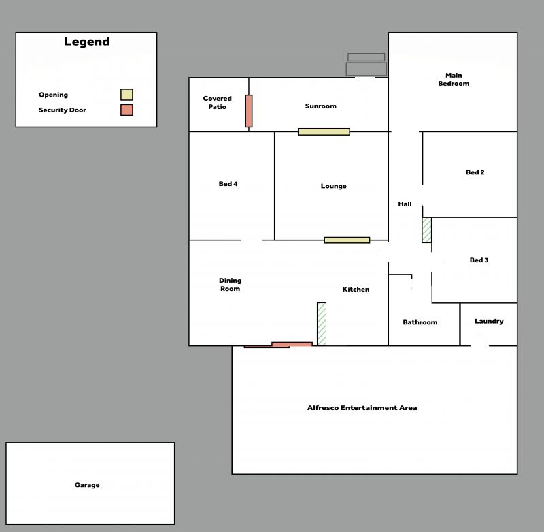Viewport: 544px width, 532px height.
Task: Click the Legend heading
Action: point(87,42)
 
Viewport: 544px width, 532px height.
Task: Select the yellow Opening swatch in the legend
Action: point(126,95)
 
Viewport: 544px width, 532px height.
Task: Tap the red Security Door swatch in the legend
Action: point(126,110)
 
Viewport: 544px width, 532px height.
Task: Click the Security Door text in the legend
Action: point(63,110)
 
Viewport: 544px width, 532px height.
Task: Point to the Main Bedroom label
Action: point(454,80)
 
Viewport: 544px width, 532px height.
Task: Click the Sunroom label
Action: point(320,106)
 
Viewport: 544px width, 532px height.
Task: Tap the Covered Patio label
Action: point(217,102)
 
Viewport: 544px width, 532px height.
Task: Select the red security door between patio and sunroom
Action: point(249,111)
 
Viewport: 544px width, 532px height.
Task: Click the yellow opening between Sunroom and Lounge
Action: point(324,131)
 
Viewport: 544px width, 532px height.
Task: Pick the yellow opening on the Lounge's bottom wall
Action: point(347,240)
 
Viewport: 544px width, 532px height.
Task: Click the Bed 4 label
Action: point(228,184)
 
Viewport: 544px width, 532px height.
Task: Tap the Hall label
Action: point(405,204)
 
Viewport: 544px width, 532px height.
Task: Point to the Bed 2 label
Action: point(475,172)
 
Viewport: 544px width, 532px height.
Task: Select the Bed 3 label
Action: point(479,260)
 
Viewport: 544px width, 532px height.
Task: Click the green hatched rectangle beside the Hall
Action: point(427,230)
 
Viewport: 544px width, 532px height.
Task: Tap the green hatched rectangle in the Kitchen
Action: point(322,324)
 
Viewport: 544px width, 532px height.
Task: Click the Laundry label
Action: point(489,322)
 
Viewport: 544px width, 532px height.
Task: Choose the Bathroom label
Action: point(420,322)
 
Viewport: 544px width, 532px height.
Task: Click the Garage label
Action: point(87,485)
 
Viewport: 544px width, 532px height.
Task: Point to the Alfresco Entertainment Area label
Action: point(362,407)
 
